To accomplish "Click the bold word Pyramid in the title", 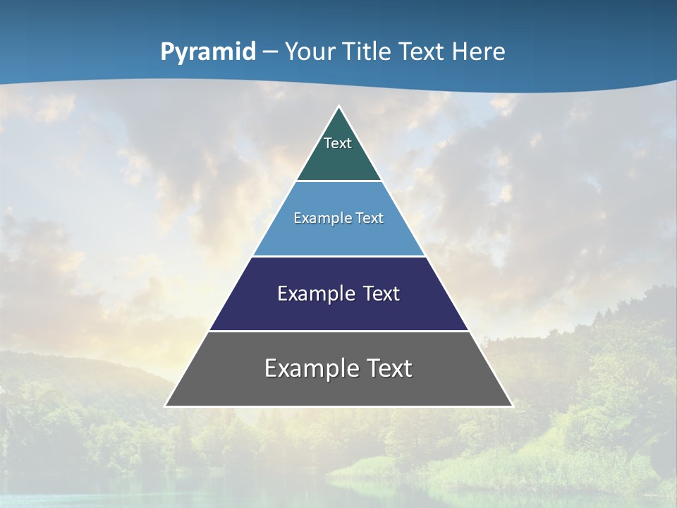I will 208,52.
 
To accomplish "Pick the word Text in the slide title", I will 422,52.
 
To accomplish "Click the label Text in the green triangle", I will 338,144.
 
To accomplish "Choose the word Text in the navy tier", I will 382,294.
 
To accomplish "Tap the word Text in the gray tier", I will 389,368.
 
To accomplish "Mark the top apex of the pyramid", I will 339,107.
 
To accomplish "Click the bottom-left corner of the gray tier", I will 166,406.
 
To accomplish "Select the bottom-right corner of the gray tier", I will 512,406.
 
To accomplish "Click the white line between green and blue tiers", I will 339,181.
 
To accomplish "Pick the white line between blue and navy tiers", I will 339,256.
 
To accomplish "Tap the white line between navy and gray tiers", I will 339,331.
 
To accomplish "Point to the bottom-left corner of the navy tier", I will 209,329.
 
